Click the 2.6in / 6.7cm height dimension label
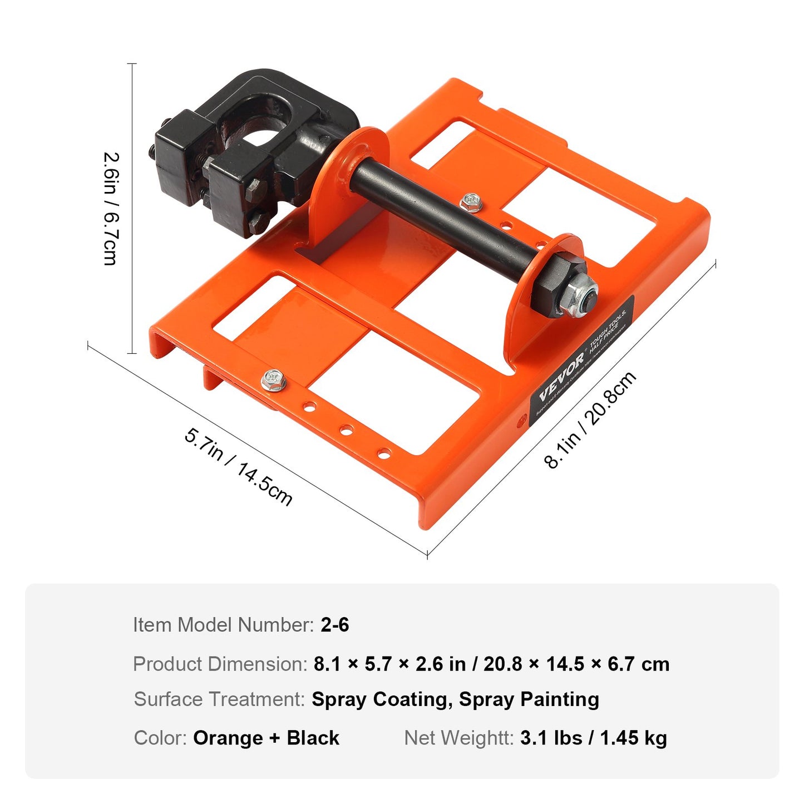coord(111,209)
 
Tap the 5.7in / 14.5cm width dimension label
coord(238,466)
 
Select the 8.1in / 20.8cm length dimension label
coord(590,420)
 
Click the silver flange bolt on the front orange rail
coord(274,381)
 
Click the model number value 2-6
coord(334,625)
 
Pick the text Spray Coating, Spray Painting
coord(455,699)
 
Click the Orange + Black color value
coord(266,738)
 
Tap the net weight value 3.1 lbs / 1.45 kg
coord(593,738)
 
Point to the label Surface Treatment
coord(219,699)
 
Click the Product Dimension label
coord(220,664)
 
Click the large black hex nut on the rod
coord(554,284)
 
